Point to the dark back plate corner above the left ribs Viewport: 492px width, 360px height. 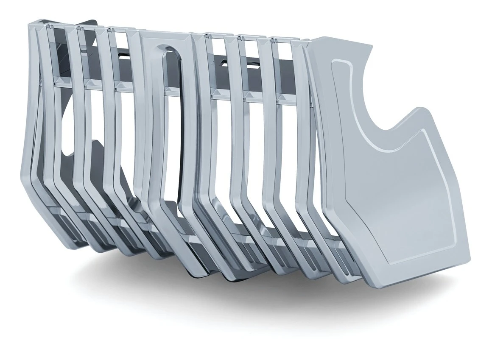coord(89,23)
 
